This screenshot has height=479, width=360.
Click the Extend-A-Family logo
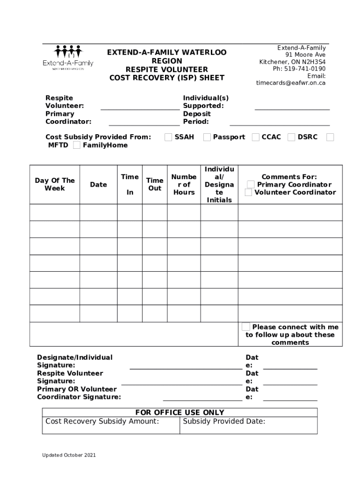coord(68,58)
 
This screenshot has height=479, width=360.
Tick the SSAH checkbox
coord(168,137)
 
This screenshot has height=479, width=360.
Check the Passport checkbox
coord(207,137)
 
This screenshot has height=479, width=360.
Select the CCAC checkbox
coord(255,137)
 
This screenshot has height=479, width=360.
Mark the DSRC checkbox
coord(291,137)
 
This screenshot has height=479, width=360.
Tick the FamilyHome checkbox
coord(76,145)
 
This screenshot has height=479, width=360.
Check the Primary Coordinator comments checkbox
coord(251,184)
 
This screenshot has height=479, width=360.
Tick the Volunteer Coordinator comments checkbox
coord(248,192)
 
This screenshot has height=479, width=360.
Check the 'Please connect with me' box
coord(246,327)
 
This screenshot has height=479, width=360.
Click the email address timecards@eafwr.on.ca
coord(290,83)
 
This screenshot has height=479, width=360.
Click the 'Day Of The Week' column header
coord(55,184)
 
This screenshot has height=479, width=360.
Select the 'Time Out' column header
coord(155,184)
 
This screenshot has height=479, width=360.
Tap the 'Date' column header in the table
coord(98,185)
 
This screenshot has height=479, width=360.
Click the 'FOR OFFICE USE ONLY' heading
coord(180,413)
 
